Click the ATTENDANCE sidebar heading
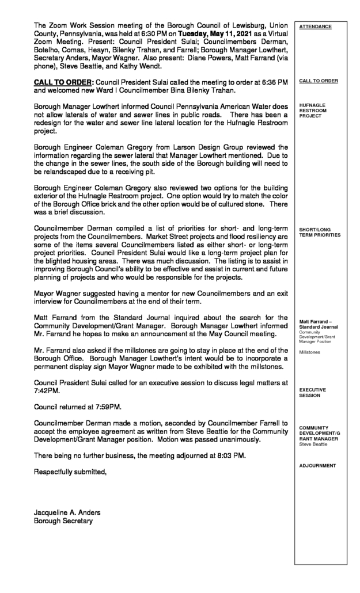(316, 26)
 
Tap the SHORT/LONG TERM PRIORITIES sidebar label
(320, 233)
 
